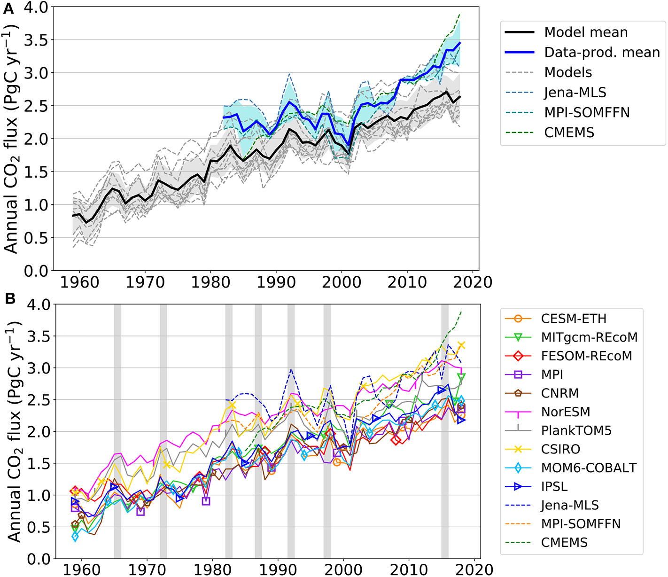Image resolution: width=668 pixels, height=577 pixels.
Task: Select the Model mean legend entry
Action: point(585,32)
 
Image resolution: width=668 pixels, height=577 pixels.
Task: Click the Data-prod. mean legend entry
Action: point(602,52)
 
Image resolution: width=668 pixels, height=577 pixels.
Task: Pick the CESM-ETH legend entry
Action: point(573,319)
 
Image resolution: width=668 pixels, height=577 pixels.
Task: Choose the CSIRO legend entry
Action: point(560,449)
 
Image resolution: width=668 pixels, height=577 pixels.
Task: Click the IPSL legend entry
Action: point(554,487)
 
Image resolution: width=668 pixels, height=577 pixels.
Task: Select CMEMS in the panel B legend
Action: point(564,543)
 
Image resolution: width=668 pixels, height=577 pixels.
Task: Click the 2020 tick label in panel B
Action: point(474,569)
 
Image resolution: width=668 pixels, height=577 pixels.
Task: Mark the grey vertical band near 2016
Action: point(444,423)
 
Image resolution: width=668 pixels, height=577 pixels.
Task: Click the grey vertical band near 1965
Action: point(117,423)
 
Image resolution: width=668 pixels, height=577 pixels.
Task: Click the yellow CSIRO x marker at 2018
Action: point(461,345)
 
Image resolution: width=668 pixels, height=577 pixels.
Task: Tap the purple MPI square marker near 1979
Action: point(206,501)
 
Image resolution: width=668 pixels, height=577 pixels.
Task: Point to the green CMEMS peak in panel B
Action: point(461,312)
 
